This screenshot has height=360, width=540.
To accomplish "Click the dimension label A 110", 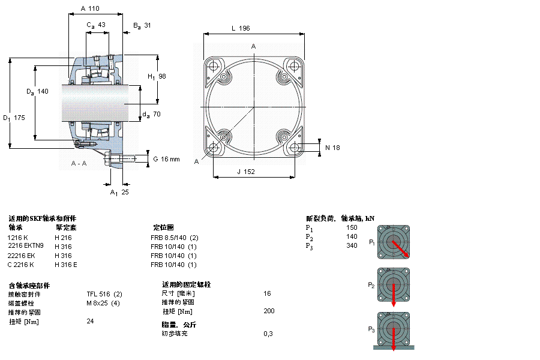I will [x=89, y=8].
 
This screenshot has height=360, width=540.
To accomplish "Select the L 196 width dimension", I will [x=240, y=28].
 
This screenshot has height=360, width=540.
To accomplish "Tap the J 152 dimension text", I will [x=246, y=172].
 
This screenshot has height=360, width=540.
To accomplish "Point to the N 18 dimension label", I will [x=332, y=148].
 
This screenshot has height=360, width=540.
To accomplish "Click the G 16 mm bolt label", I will [x=166, y=159].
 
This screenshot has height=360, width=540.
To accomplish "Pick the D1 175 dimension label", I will [x=14, y=118].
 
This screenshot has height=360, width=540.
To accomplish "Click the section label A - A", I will [x=79, y=164].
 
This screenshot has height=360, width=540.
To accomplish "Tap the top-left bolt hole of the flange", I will [x=214, y=65].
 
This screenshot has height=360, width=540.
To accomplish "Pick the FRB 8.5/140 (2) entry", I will [x=174, y=237].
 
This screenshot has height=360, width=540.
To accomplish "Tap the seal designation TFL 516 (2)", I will [x=104, y=294].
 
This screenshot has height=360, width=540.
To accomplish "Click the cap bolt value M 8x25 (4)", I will [x=103, y=303].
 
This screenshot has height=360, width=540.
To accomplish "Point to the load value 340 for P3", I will [x=352, y=245].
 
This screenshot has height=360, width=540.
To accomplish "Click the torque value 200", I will [x=269, y=311].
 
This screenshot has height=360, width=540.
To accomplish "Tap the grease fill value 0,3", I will [x=268, y=334].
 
